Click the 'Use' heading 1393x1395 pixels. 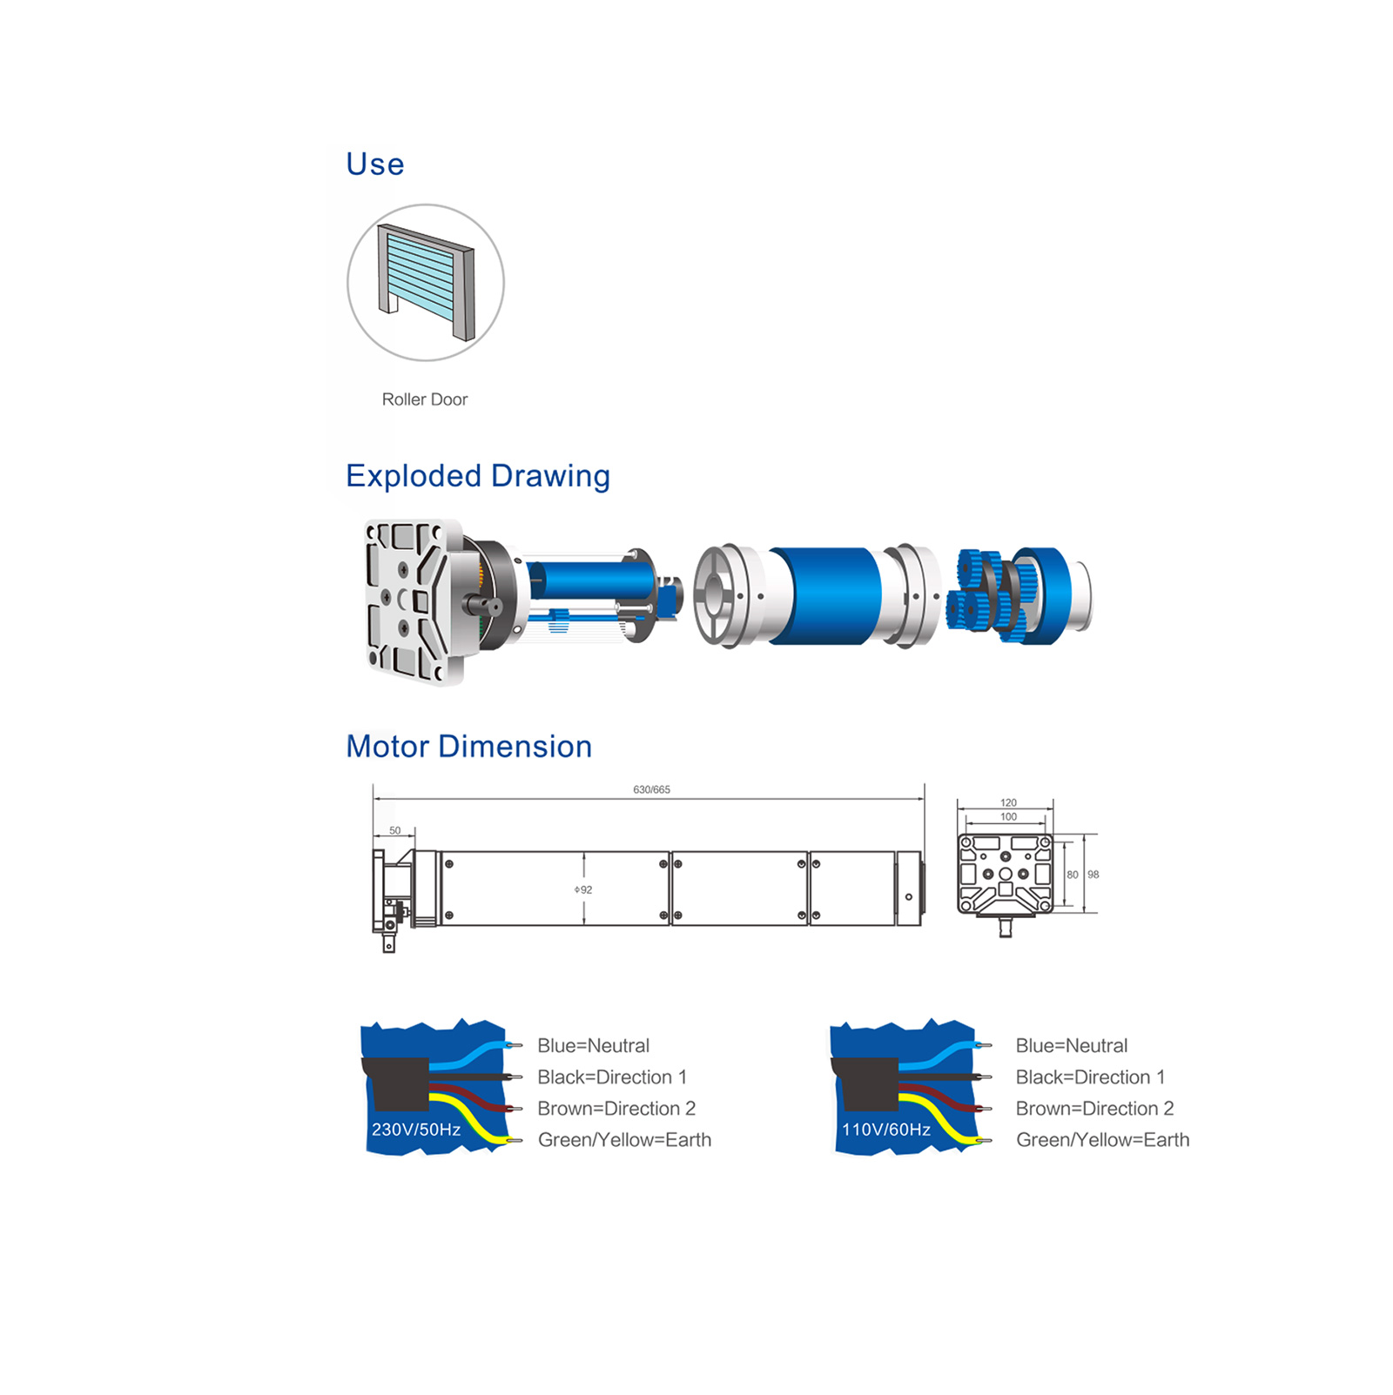click(374, 164)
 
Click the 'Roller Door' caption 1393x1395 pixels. click(425, 399)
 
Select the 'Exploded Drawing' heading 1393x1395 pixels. click(478, 476)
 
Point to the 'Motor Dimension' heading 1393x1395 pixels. click(469, 747)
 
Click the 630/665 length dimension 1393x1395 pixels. click(651, 789)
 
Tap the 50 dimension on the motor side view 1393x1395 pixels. click(395, 830)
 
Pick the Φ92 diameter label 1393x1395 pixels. click(583, 889)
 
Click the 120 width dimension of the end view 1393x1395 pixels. click(1008, 802)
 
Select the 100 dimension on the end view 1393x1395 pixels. click(1008, 816)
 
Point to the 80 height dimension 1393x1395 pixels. click(1073, 875)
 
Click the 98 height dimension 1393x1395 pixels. click(1094, 875)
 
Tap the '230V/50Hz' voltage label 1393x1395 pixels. click(416, 1130)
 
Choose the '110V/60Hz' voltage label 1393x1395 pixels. click(886, 1130)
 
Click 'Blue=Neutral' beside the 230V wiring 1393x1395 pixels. click(594, 1045)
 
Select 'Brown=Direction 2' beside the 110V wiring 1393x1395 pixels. click(1095, 1108)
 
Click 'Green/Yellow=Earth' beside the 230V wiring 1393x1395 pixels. click(625, 1140)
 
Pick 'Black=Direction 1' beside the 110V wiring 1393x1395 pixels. click(1091, 1076)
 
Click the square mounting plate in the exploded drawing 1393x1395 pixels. click(409, 602)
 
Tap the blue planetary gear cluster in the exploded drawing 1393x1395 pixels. click(988, 596)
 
